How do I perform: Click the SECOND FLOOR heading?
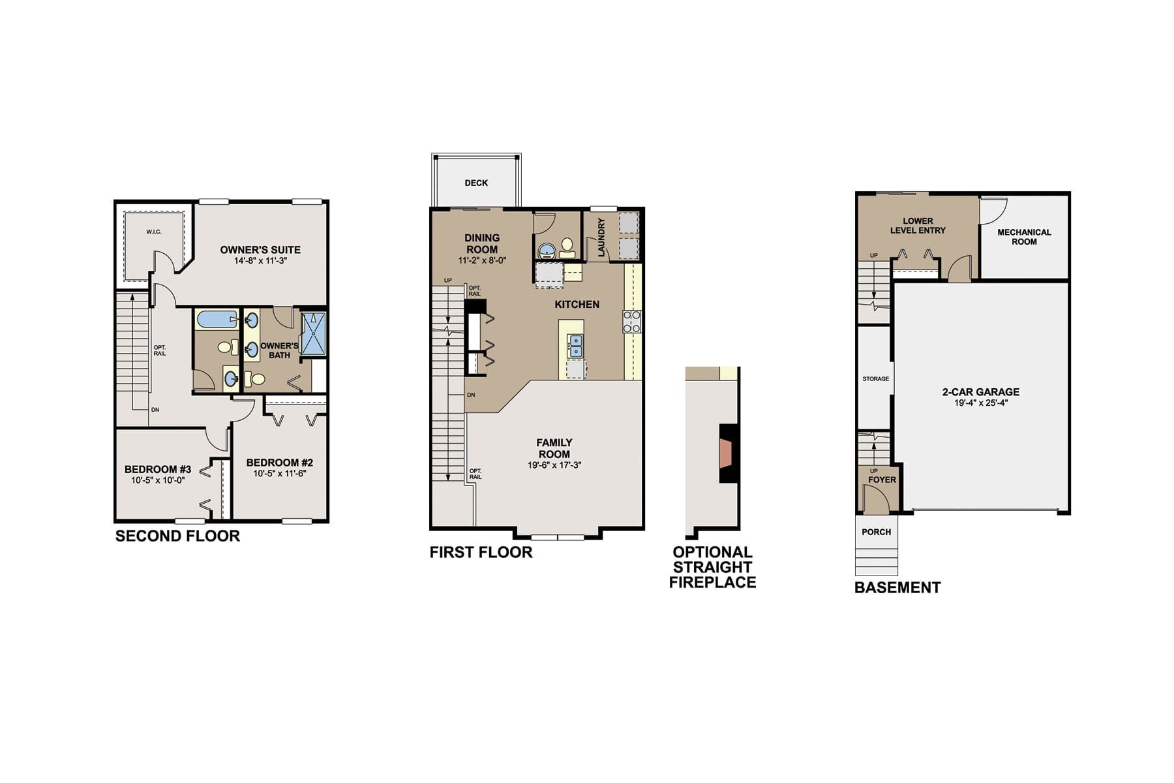pos(177,536)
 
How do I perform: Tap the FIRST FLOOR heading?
pos(481,553)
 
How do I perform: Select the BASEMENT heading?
pos(897,588)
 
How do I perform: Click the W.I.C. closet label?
pos(154,232)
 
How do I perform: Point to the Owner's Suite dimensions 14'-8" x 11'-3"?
pos(260,261)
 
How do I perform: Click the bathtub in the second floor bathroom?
pos(217,320)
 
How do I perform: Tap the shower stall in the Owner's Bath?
pos(314,334)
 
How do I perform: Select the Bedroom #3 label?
pos(158,470)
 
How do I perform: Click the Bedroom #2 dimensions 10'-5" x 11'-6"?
pos(280,474)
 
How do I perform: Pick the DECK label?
pos(476,183)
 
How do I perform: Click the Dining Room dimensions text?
pos(482,261)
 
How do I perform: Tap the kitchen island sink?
pos(575,346)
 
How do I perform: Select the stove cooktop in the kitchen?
pos(632,322)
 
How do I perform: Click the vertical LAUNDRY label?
pos(601,237)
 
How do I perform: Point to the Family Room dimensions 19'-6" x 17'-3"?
pos(554,466)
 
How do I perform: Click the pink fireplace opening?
pos(725,453)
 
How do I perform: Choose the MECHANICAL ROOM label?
pos(1024,237)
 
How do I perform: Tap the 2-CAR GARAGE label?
pos(980,392)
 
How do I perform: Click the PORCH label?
pos(876,532)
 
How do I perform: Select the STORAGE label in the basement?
pos(875,379)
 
